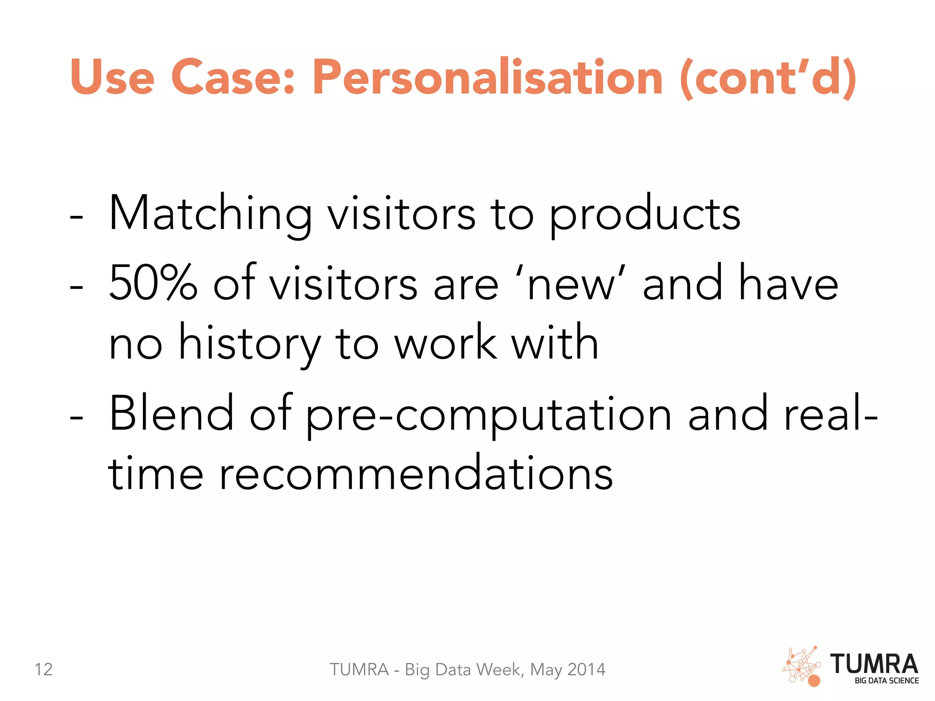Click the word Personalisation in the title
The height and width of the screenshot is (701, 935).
pyautogui.click(x=487, y=78)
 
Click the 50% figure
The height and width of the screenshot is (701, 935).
pyautogui.click(x=153, y=283)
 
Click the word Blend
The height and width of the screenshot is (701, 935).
pyautogui.click(x=171, y=413)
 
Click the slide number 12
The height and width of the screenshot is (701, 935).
pyautogui.click(x=44, y=670)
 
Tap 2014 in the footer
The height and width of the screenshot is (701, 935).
pyautogui.click(x=586, y=670)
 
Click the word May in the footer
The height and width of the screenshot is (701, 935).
pyautogui.click(x=546, y=670)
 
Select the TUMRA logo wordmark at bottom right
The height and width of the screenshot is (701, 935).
pyautogui.click(x=874, y=664)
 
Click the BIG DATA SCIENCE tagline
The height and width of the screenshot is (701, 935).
pyautogui.click(x=886, y=680)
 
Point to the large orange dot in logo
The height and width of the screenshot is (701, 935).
pyautogui.click(x=814, y=681)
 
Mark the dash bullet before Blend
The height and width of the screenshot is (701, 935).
pyautogui.click(x=76, y=417)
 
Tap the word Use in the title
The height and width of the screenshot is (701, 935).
pyautogui.click(x=112, y=78)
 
